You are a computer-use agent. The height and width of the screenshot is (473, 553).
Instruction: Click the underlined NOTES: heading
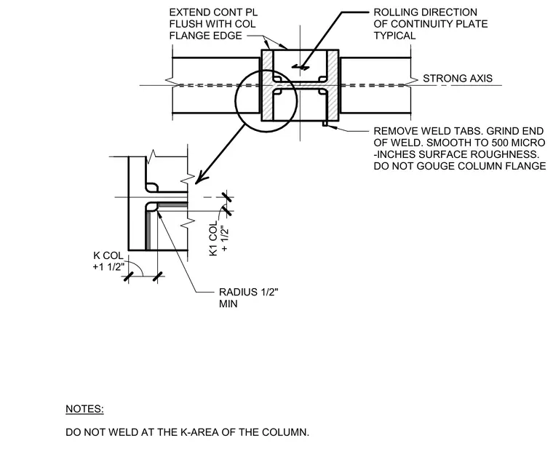coord(84,409)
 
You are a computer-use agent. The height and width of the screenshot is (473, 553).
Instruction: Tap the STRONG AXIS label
coord(458,79)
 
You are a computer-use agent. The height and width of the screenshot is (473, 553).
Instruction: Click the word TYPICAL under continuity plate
coord(394,36)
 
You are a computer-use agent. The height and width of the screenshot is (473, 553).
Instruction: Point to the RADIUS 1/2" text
coord(249,292)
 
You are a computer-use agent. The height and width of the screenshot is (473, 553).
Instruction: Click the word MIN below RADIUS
coord(228,303)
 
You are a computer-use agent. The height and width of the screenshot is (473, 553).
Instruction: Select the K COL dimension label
coord(108,255)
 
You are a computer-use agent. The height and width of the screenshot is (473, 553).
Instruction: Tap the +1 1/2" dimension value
coord(108,267)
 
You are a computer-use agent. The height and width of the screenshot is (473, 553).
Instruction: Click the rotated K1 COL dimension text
coord(213,239)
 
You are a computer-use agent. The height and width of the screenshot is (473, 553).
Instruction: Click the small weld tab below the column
coord(325,124)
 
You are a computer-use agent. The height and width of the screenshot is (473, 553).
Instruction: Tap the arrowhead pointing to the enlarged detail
coord(200,178)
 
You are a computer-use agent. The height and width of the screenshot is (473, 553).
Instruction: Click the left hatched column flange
coord(267,85)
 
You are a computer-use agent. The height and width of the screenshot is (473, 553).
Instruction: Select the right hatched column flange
coord(333,85)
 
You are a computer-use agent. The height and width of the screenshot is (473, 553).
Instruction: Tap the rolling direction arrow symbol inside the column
coord(301,67)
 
